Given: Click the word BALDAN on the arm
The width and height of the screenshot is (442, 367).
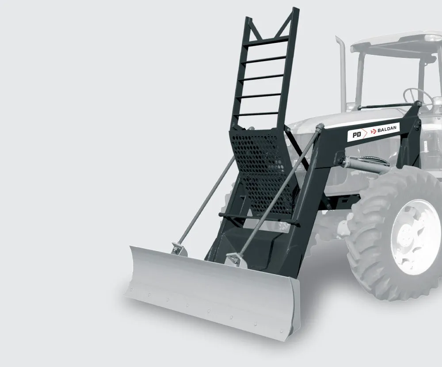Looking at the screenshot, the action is (x=387, y=130).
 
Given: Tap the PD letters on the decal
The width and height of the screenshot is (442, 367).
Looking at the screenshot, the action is (x=357, y=134).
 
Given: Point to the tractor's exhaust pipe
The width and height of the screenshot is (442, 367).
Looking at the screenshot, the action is (x=342, y=73).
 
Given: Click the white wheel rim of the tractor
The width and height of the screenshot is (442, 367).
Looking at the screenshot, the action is (x=415, y=237).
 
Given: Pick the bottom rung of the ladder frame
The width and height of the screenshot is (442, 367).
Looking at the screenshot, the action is (x=256, y=114).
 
